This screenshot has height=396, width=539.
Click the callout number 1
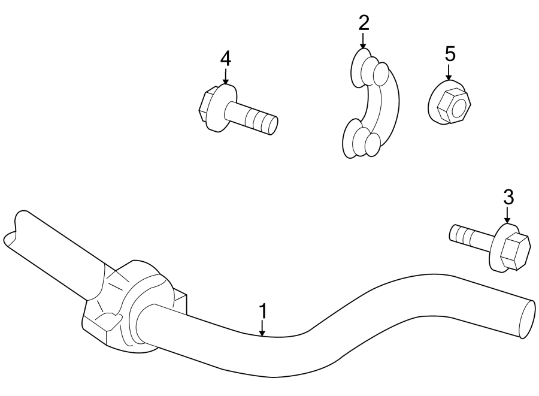[x=262, y=312]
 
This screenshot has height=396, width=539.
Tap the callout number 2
[x=364, y=24]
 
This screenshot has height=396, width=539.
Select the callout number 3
[x=508, y=197]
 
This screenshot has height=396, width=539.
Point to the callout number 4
[x=225, y=59]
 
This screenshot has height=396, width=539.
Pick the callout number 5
[x=449, y=54]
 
